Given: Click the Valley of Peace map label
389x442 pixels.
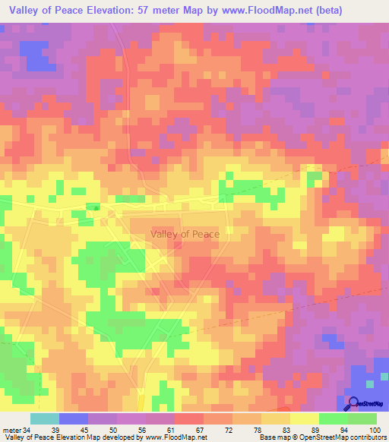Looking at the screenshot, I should coord(185,234).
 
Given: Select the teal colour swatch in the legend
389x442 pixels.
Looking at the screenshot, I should coord(45,418).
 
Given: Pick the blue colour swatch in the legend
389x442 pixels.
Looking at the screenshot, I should coord(74,418).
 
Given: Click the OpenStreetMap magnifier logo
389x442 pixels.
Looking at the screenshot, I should coord(353,403).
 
